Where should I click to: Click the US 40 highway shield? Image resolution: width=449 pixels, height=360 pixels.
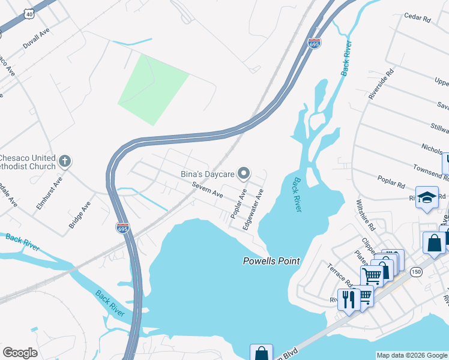point(29,13)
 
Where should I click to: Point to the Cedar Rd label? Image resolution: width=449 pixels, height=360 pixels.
point(418,19)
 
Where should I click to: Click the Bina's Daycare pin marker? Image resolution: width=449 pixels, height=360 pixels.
point(244,174)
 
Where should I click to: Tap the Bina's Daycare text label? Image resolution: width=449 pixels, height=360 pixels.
point(206,174)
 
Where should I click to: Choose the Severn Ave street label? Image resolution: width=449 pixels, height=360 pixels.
point(208,191)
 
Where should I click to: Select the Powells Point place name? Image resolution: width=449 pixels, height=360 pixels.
point(271,261)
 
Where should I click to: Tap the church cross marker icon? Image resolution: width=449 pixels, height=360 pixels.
point(65,162)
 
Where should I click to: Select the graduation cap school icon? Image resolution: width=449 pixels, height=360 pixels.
point(427,197)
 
